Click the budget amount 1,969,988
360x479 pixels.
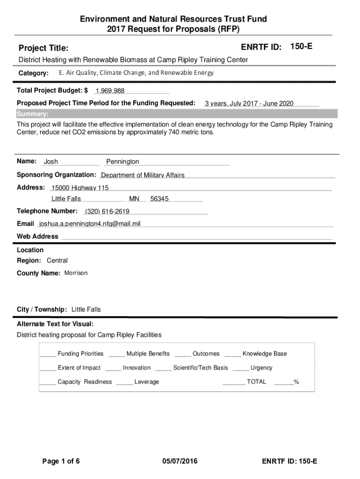tap(110, 91)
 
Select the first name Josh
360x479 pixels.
tap(51, 162)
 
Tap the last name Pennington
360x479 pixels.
tap(122, 162)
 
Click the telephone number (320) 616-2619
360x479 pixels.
tap(107, 212)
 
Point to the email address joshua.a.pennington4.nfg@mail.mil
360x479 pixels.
tap(90, 224)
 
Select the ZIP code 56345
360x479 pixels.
tap(159, 199)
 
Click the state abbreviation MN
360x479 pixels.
tap(134, 199)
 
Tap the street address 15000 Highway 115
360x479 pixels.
tap(80, 188)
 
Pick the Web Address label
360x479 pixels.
tap(37, 237)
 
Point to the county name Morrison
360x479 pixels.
tap(76, 273)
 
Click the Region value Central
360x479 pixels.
tap(57, 261)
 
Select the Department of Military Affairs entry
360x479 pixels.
tap(143, 175)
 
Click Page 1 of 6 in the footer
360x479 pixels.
tap(61, 462)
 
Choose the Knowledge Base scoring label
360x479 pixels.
tap(265, 354)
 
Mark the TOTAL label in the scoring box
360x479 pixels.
tap(256, 382)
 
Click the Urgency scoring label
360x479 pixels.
tap(261, 368)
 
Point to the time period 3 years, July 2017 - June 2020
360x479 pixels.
tap(249, 104)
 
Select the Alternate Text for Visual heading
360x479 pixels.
tap(55, 324)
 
